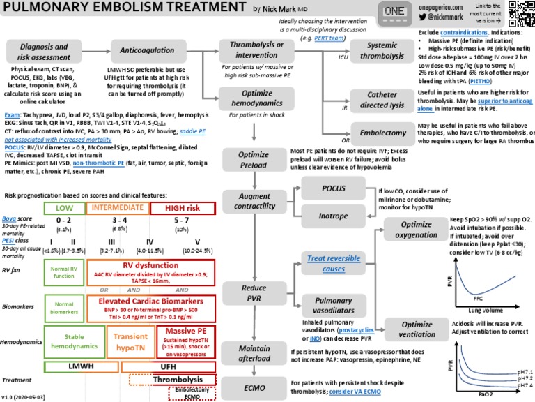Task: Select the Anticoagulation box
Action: pyautogui.click(x=141, y=50)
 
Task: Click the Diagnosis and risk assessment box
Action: pyautogui.click(x=39, y=50)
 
